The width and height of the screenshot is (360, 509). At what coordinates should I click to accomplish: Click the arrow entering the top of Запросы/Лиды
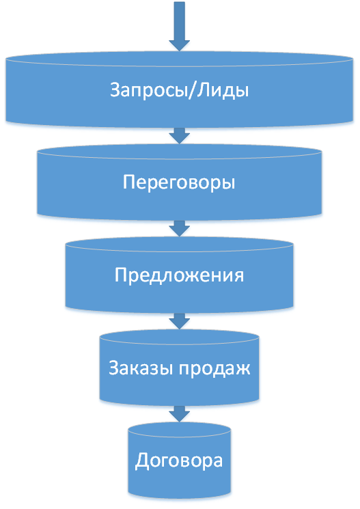point(179,26)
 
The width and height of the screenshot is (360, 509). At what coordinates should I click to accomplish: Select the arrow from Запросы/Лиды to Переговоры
point(179,135)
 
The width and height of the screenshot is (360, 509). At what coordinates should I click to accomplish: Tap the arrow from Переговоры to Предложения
point(179,228)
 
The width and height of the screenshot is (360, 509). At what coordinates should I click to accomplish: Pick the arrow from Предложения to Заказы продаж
point(179,321)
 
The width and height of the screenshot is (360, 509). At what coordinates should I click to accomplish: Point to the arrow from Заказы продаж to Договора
point(179,413)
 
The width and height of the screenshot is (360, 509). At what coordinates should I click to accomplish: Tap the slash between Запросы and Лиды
point(193,90)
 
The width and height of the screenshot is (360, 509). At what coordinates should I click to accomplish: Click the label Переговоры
point(179,182)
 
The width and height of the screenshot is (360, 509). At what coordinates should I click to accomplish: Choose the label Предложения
point(179,275)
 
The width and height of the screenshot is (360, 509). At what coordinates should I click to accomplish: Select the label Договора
point(179,461)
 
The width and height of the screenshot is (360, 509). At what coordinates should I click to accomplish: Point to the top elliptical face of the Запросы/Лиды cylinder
point(179,59)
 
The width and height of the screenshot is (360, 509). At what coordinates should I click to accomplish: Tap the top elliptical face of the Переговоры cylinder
point(179,152)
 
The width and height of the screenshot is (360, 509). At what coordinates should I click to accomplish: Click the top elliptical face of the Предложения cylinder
point(179,245)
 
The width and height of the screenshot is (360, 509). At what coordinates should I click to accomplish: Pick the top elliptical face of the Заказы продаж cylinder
point(179,338)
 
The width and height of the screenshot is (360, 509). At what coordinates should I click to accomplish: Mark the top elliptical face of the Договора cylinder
point(179,430)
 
